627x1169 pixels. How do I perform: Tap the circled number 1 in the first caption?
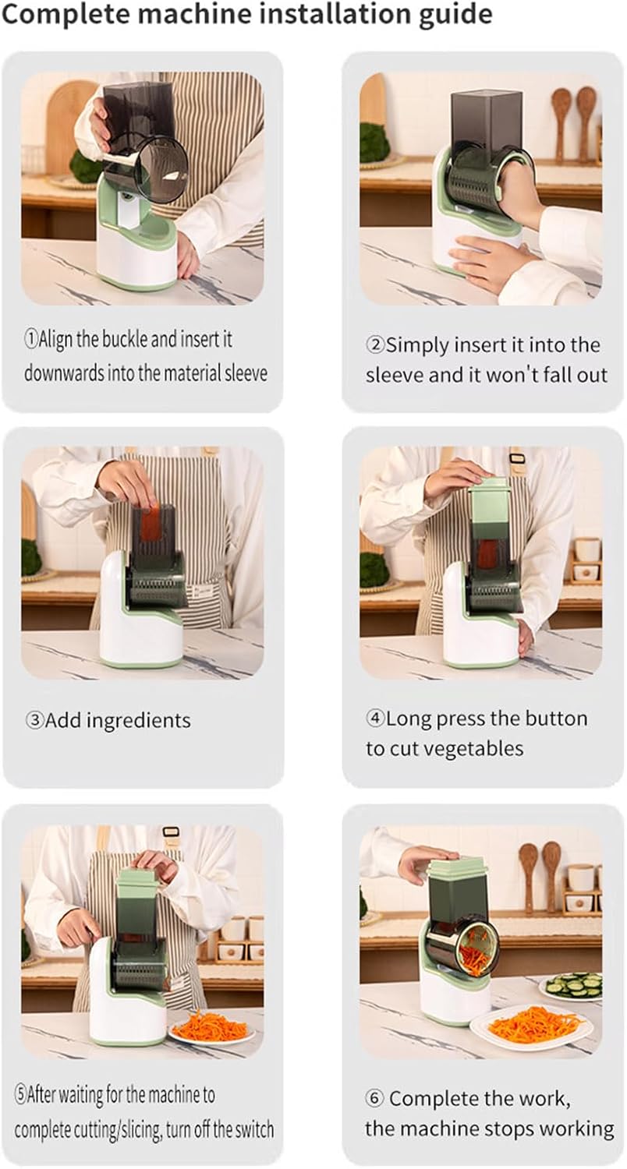click(30, 340)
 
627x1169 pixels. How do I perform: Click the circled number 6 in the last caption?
click(374, 1099)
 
